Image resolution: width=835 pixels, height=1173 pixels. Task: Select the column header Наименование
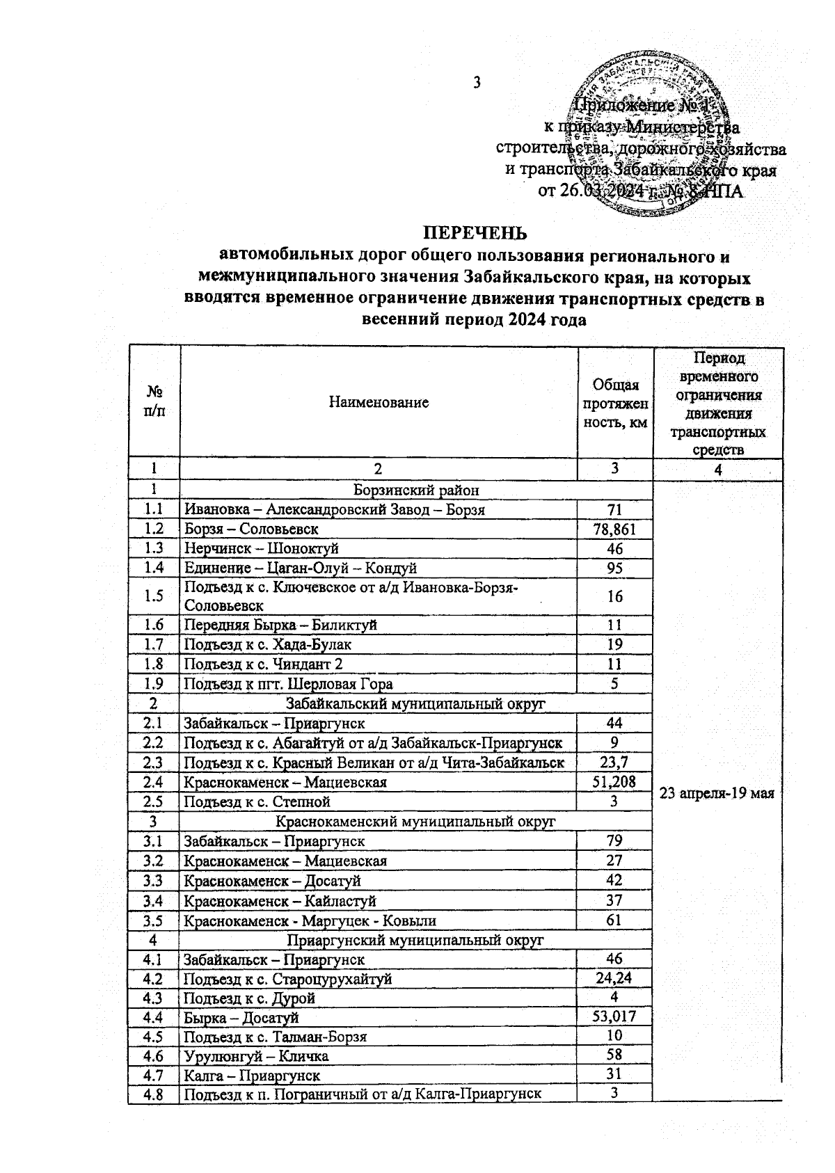click(379, 402)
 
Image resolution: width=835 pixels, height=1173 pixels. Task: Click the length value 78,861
click(614, 529)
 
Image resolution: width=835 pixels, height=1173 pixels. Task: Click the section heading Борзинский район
click(416, 490)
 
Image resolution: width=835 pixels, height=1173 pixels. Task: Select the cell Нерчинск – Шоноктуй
click(261, 548)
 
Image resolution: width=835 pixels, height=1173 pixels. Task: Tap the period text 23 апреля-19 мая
click(717, 794)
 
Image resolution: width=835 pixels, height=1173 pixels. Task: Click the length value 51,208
click(614, 782)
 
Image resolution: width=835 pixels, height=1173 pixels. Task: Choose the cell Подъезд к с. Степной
click(257, 801)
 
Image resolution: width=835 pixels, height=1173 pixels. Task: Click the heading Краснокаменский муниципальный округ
click(416, 821)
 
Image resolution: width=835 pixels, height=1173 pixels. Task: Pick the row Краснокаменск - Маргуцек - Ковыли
click(310, 920)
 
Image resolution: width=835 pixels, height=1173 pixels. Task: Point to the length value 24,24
click(614, 978)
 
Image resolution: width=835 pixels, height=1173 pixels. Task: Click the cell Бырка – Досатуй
click(241, 1018)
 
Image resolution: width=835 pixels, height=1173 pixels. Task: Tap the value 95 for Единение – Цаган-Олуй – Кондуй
click(614, 568)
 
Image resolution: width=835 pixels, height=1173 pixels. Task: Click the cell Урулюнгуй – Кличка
click(256, 1056)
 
